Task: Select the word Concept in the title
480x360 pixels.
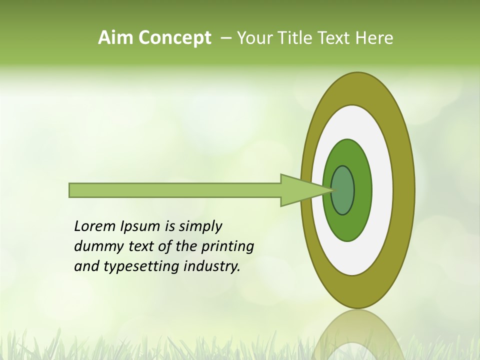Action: tap(175, 38)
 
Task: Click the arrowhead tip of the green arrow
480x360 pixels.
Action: tap(330, 190)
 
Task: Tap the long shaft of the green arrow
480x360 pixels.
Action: tap(175, 190)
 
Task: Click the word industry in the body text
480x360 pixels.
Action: tap(211, 266)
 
